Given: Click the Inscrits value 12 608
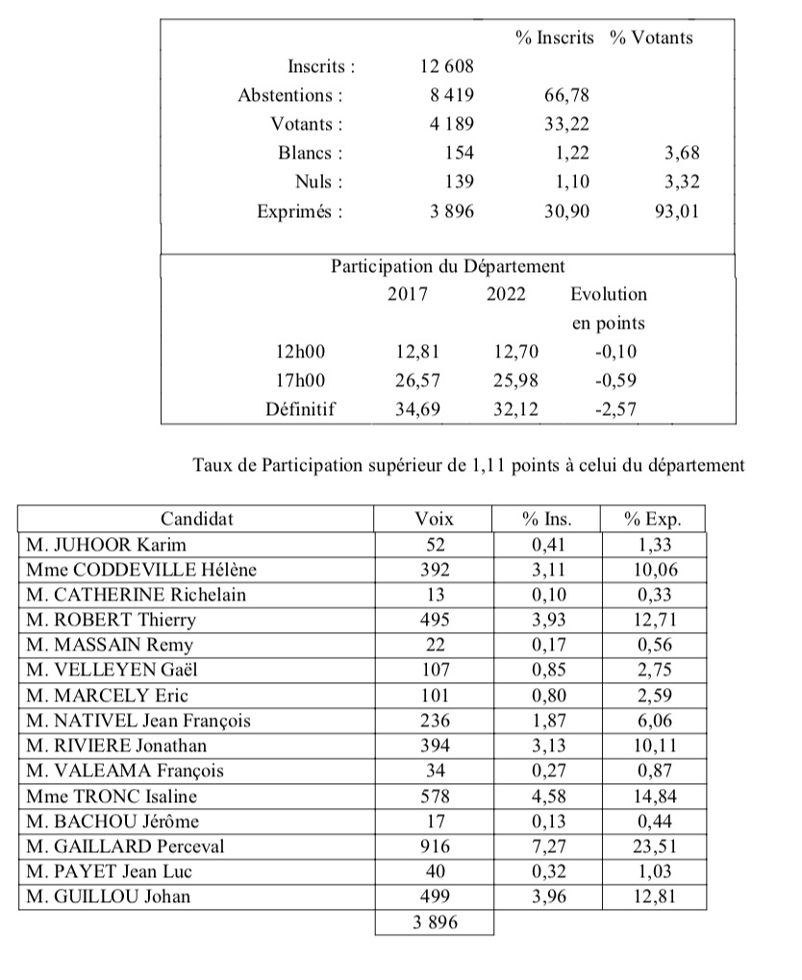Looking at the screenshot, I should [446, 66].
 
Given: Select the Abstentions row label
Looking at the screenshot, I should [290, 95].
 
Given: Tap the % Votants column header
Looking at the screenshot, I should [651, 37].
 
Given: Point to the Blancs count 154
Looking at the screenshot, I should [458, 153].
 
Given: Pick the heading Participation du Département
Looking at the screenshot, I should [448, 266].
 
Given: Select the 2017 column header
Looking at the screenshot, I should [408, 294].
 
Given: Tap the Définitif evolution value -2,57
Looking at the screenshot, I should [614, 408].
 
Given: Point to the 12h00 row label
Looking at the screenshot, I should [300, 351].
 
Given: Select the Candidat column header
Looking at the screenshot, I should [196, 519].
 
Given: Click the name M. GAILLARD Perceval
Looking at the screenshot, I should [117, 845].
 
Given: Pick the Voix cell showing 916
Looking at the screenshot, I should [434, 845].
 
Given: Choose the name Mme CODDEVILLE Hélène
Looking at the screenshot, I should [142, 570].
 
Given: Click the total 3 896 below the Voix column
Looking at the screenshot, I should [434, 922].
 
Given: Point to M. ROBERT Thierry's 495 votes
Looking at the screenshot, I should [434, 620].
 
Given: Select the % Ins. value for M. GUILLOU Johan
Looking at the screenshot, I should [546, 896].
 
